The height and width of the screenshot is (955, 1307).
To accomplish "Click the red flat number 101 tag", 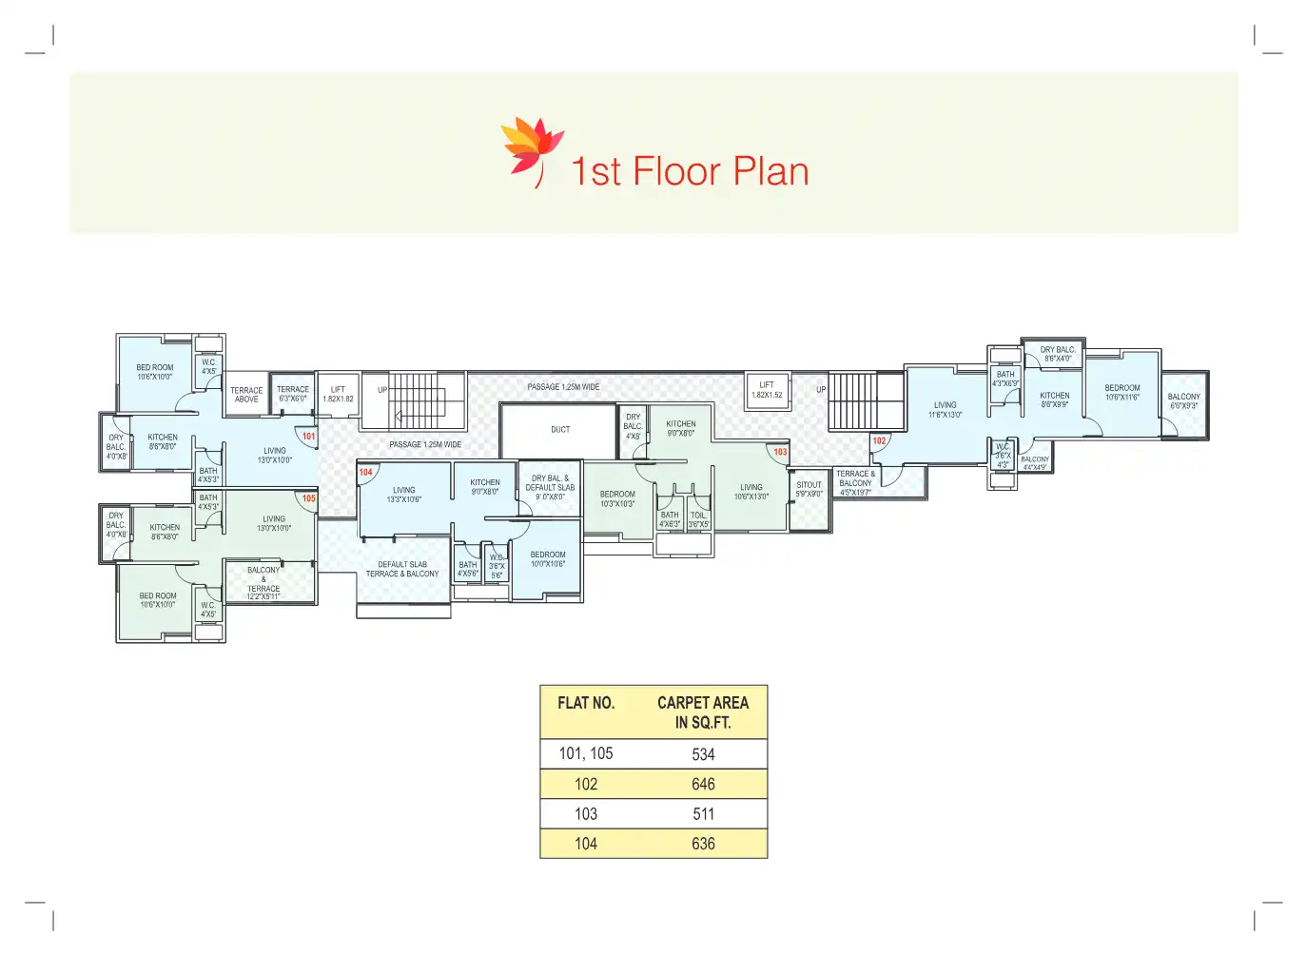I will pos(308,437).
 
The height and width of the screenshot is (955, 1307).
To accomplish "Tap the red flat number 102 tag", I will pos(879,441).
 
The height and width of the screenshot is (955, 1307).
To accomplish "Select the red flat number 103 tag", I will pos(780,452).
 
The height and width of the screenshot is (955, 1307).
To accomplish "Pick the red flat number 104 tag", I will pos(366,472).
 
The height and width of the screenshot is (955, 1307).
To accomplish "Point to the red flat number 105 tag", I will pos(308,498).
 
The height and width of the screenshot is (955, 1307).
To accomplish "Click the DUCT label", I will pos(560,430).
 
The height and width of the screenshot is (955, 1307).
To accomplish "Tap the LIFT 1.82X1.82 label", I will pos(338,395).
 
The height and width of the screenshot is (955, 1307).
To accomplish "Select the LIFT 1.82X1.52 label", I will pos(767,390).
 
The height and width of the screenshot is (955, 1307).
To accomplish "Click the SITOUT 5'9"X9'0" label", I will pos(809,489).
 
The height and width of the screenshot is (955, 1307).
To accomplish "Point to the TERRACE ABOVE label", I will pos(246,395).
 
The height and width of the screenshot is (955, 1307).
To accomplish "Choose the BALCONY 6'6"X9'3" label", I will pos(1183,401).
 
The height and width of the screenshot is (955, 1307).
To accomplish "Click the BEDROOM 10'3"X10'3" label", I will pos(617,498).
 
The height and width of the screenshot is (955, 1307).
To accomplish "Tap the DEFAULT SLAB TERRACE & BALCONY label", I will pos(402,569).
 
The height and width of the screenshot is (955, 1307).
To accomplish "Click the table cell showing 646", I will pos(703,785).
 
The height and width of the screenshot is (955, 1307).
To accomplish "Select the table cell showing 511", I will pos(703,814).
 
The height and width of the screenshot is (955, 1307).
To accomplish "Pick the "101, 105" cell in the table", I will pos(586,754).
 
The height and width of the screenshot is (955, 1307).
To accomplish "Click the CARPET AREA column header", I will pos(703,712).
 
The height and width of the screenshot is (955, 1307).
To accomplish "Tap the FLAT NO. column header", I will pos(586,703).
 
